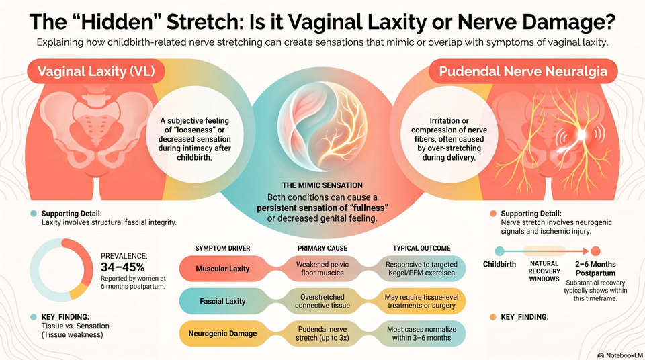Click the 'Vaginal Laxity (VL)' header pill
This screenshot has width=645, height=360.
coord(96,71)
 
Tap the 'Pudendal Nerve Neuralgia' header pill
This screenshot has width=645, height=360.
coord(523,71)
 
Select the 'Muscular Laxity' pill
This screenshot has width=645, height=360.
coord(222,269)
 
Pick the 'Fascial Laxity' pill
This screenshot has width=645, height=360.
coord(222,301)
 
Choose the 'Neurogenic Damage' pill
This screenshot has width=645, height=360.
coord(222,334)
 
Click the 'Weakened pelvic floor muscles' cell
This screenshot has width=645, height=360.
coord(322,269)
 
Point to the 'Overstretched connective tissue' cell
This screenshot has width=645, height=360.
coord(322,301)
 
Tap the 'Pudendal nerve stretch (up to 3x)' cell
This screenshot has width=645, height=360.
coord(322,334)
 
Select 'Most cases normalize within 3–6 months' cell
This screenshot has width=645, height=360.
coord(421,334)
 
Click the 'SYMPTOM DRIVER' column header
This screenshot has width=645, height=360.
coord(222,248)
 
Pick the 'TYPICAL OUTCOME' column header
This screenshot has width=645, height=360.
coord(422,248)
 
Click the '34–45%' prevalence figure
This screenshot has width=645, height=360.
coord(122,267)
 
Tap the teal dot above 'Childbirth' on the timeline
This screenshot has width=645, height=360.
coord(499,251)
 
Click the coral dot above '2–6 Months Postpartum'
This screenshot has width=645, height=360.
coord(595,251)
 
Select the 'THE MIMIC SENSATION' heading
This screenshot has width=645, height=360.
coord(322,185)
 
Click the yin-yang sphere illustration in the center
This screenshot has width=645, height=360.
coord(322,126)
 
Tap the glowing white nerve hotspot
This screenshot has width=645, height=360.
coord(581,134)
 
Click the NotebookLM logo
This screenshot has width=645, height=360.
coord(620,355)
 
